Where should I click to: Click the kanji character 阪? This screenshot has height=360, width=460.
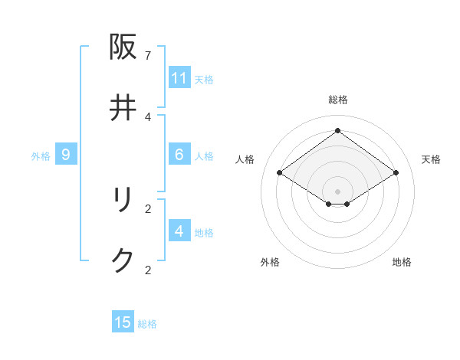click(x=123, y=47)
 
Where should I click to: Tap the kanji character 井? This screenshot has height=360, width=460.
click(x=123, y=108)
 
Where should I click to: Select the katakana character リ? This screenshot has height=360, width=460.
click(x=123, y=200)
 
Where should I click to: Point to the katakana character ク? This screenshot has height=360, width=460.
click(x=123, y=261)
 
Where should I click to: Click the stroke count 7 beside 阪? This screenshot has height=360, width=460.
click(x=148, y=55)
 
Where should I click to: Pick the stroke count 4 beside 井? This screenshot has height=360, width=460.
click(x=148, y=116)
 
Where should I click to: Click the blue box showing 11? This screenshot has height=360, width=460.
click(x=179, y=78)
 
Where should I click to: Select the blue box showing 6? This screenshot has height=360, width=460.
click(x=179, y=155)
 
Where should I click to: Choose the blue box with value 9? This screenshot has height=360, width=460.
click(x=66, y=155)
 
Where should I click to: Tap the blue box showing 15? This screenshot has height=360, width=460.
click(x=123, y=322)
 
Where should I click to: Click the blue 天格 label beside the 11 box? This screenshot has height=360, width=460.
click(x=204, y=79)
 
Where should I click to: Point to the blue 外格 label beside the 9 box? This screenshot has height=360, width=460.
click(x=41, y=155)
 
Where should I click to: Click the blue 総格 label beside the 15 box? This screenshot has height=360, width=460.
click(x=147, y=323)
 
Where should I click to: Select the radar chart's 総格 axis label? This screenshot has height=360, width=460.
click(x=338, y=100)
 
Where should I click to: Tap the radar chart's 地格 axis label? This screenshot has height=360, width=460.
click(x=402, y=262)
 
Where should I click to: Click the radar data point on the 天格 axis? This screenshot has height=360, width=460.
click(x=396, y=173)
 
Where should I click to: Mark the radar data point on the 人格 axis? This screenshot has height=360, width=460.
click(x=280, y=173)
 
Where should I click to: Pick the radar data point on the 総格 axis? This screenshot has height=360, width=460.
click(x=338, y=130)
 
